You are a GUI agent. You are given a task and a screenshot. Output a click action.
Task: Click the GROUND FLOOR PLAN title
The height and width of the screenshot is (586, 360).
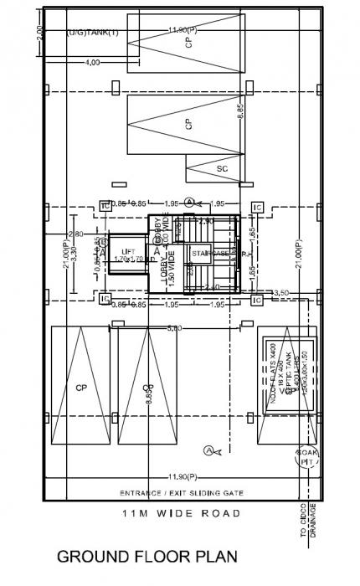tap(147, 556)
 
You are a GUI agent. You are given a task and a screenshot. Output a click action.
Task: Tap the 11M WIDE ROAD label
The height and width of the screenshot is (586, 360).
tap(180, 512)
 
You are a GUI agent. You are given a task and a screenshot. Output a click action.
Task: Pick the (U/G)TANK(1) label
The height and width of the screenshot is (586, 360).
tap(93, 33)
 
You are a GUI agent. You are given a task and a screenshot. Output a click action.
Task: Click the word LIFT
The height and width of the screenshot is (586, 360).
tap(128, 250)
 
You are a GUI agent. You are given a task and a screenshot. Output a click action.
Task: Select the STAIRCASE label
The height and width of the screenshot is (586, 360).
tap(209, 252)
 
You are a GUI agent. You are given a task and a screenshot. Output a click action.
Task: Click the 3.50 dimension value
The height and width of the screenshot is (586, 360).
tap(282, 292)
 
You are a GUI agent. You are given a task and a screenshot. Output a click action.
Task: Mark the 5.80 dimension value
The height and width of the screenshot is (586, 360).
tap(173, 327)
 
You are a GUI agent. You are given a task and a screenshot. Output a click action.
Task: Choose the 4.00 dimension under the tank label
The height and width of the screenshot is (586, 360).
tap(92, 62)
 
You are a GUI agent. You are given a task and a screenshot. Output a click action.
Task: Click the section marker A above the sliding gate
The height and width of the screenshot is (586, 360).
tap(208, 450)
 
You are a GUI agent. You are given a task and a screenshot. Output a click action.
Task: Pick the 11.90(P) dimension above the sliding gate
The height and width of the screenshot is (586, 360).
tap(180, 477)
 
